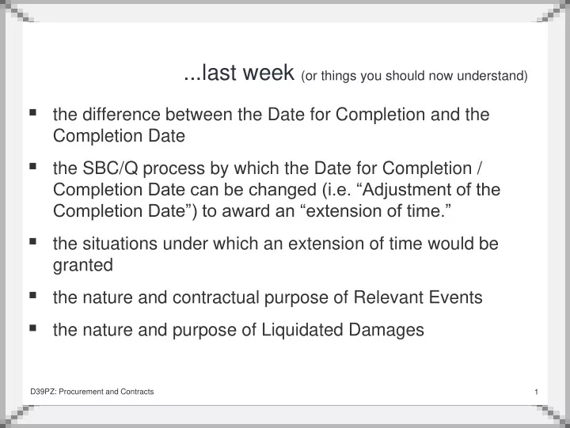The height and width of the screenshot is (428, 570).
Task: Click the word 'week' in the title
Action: [x=268, y=73]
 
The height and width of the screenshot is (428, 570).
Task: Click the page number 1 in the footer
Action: [x=536, y=392]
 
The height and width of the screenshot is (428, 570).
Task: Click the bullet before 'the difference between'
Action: [x=32, y=112]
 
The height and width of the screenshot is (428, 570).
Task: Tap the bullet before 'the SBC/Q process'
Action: [x=32, y=166]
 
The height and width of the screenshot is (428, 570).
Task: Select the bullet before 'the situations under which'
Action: [x=32, y=241]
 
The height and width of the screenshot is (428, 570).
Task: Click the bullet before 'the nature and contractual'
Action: [x=32, y=295]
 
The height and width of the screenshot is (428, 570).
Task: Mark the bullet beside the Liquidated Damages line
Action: [x=32, y=328]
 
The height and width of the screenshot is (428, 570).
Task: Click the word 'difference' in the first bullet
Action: [x=121, y=114]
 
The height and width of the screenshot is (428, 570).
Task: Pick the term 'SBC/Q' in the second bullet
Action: [x=110, y=169]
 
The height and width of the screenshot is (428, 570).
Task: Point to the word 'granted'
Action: [x=83, y=266]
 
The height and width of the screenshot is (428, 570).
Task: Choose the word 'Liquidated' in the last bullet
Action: [x=302, y=330]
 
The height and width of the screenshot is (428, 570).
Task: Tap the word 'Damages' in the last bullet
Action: [x=386, y=330]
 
